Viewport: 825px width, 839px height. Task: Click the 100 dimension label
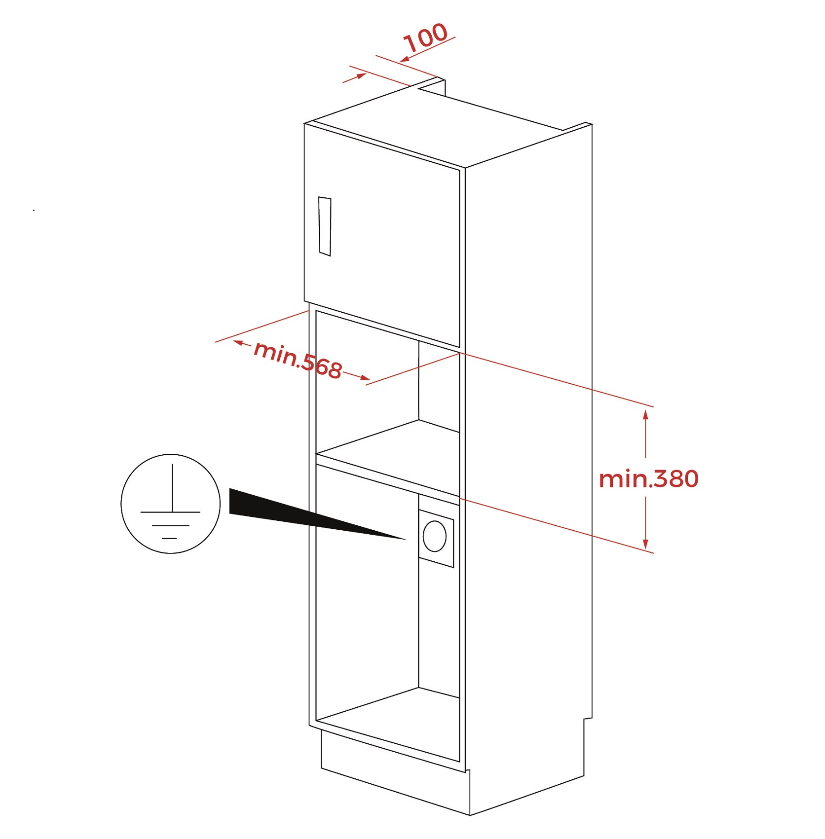click(425, 37)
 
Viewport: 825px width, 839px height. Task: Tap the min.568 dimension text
click(298, 360)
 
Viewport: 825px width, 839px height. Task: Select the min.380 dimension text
click(648, 479)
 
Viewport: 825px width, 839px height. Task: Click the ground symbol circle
click(171, 504)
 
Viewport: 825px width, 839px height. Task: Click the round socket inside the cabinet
click(434, 536)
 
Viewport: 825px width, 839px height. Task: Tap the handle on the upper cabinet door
click(325, 226)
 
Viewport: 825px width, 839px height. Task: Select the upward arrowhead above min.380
click(645, 414)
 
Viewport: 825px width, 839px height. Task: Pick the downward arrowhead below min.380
click(645, 544)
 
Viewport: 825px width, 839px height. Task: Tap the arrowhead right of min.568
click(364, 378)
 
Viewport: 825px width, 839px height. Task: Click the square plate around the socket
click(436, 538)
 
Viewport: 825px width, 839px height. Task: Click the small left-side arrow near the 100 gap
click(355, 78)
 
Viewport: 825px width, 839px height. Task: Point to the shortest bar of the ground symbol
click(169, 539)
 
